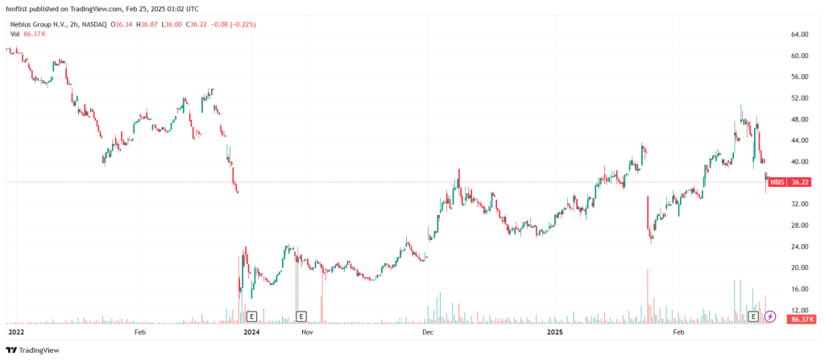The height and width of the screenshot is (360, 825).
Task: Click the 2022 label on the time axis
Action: click(x=16, y=332)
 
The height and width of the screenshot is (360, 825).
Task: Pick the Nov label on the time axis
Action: click(x=305, y=332)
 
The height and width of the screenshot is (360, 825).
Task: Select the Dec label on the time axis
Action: click(x=428, y=332)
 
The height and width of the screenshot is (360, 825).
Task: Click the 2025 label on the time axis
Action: click(x=555, y=332)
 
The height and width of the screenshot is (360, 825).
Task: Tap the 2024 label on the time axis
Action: click(x=252, y=332)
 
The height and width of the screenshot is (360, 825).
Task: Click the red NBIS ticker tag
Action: click(x=777, y=183)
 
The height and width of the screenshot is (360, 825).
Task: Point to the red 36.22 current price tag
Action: click(x=799, y=183)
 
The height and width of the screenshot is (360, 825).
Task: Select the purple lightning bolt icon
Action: click(x=770, y=317)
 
